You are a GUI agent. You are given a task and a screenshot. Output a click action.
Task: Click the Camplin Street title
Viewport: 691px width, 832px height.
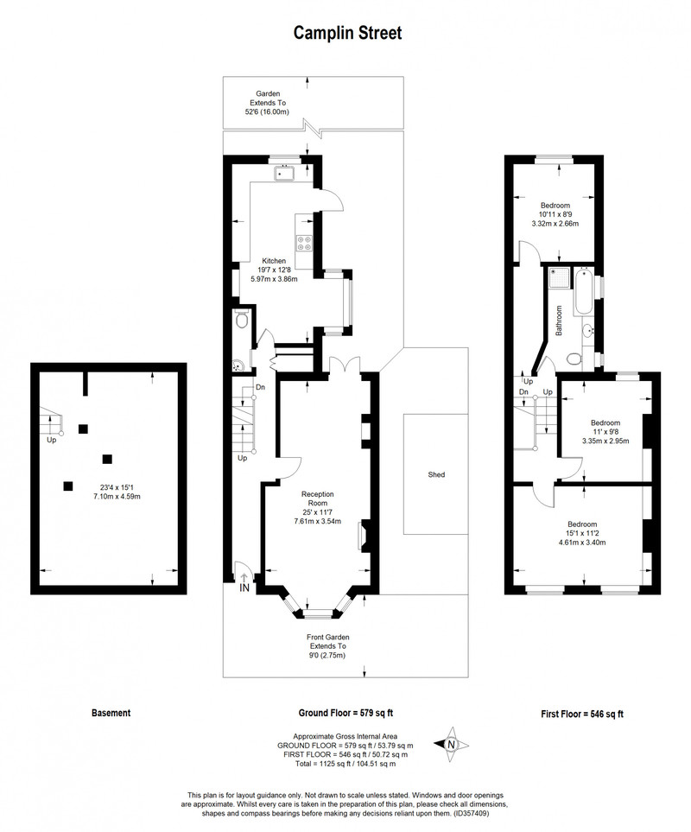(x=347, y=34)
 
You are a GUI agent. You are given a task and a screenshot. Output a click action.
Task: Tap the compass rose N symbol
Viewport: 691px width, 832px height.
(x=451, y=745)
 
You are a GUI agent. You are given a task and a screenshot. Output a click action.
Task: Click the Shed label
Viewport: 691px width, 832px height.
(x=436, y=475)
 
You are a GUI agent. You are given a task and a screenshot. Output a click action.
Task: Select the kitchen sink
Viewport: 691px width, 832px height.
(x=286, y=174)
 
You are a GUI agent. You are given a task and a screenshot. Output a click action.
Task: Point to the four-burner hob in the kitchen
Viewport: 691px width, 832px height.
(x=304, y=243)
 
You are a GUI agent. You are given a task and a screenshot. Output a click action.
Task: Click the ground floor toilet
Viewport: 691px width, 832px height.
(x=241, y=320)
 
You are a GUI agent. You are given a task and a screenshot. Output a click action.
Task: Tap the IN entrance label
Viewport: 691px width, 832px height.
(x=244, y=587)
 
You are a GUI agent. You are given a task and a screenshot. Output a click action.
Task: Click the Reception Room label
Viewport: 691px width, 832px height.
(x=318, y=499)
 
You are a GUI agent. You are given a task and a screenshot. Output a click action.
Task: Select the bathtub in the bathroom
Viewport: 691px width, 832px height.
(x=582, y=291)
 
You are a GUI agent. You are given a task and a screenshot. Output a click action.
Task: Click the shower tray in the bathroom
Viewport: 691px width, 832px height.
(x=560, y=277)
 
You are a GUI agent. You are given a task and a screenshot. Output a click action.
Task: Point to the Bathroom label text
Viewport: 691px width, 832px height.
(x=559, y=321)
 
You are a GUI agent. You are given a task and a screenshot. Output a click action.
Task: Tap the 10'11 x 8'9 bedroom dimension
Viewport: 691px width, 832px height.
(x=555, y=214)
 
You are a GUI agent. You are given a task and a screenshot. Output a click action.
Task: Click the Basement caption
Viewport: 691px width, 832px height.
(x=111, y=713)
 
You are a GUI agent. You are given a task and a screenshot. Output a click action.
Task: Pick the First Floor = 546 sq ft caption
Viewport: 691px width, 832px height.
(x=582, y=715)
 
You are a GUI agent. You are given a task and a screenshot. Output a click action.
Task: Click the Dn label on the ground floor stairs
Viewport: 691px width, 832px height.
(x=260, y=387)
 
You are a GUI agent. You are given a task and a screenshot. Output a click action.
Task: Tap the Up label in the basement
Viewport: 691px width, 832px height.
(x=52, y=440)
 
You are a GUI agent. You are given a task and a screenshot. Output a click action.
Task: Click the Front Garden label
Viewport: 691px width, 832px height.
(x=327, y=638)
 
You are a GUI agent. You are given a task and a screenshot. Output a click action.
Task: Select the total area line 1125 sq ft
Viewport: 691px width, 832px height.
(x=345, y=764)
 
